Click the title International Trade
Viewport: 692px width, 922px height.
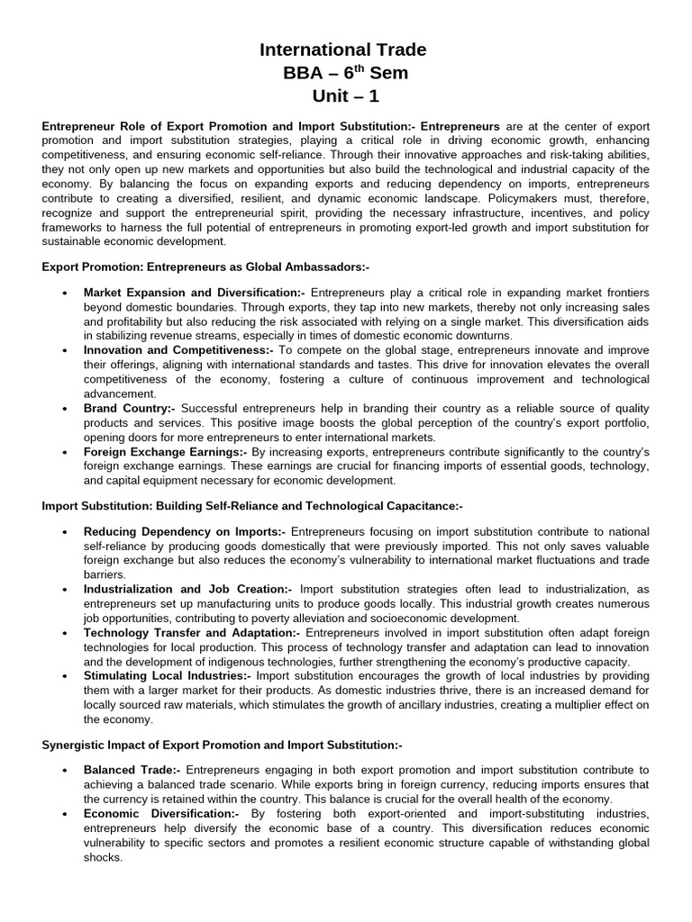click(343, 50)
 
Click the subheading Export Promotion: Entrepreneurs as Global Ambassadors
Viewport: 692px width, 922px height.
click(205, 267)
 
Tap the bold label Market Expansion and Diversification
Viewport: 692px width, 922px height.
click(195, 293)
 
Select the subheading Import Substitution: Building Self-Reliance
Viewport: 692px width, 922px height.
click(252, 507)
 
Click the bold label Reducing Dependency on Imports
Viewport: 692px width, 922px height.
click(185, 532)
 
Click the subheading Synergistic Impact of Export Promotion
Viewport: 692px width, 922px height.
click(222, 745)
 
